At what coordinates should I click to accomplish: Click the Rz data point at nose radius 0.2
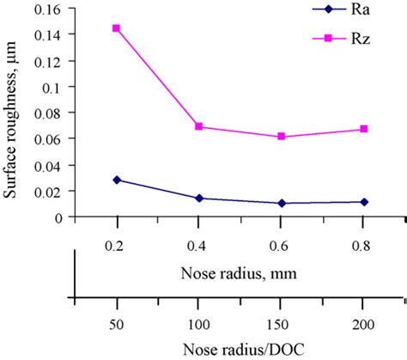point(117,28)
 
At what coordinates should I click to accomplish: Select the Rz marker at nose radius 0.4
point(199,126)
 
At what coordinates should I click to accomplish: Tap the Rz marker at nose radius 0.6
point(282,137)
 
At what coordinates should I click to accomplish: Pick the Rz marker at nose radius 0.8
point(364,129)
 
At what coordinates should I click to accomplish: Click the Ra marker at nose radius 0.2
point(117,180)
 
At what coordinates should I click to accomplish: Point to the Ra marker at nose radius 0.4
point(199,198)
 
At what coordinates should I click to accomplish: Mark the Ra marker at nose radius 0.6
point(282,204)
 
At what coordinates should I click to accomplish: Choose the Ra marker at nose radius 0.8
point(364,202)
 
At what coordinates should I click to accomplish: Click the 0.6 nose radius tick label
point(282,244)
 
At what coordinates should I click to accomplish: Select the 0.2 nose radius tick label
point(117,244)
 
